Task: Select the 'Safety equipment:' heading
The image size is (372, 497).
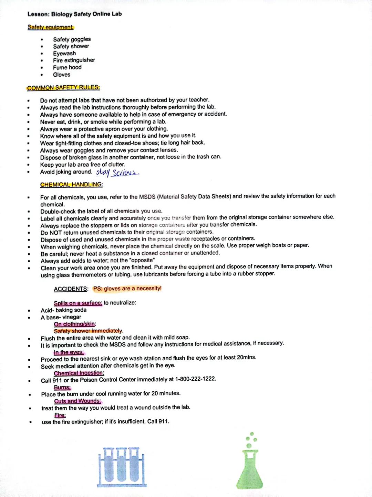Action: [51, 27]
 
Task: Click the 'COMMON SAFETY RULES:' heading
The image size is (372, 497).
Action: [63, 88]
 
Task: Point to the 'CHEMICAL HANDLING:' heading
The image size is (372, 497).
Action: [71, 185]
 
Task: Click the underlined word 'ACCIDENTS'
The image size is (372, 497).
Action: [71, 289]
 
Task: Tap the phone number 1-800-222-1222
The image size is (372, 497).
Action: [195, 379]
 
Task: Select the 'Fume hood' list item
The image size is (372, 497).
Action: [67, 67]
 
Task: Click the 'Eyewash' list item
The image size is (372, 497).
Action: [64, 53]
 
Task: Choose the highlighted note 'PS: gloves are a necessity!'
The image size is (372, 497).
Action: [127, 289]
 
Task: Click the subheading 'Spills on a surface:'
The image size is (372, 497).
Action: [78, 303]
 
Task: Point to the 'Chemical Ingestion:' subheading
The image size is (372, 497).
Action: [79, 373]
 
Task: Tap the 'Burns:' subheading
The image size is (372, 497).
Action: [62, 387]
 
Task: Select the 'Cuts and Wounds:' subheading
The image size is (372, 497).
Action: [77, 401]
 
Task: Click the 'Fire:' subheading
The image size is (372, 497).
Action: [60, 415]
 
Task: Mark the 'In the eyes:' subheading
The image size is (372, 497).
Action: [69, 352]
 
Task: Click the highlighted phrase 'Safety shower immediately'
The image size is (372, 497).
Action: [88, 331]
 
